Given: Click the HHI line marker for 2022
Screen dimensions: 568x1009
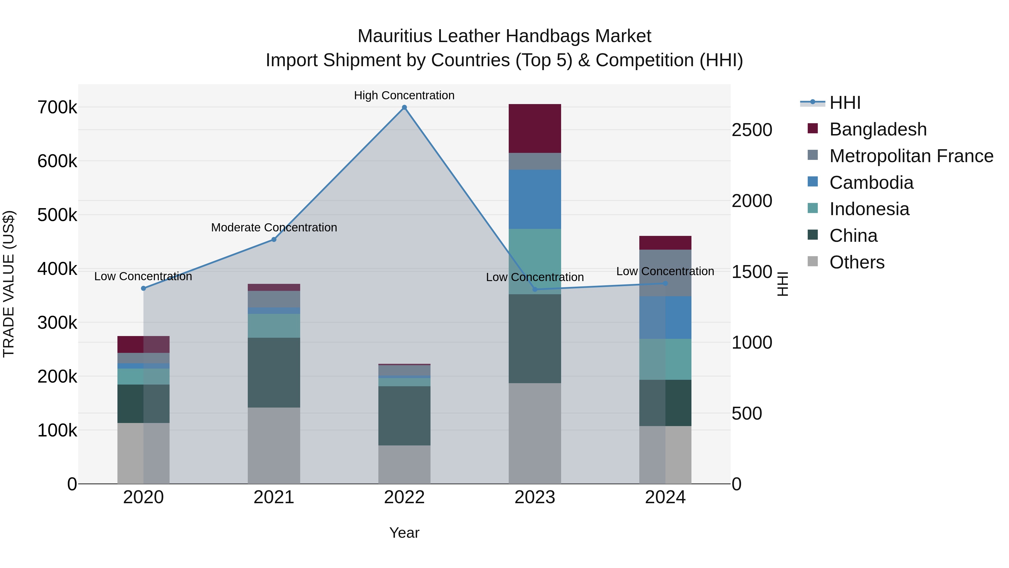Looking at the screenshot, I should [404, 107].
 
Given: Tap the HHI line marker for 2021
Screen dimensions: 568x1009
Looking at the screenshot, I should [274, 240].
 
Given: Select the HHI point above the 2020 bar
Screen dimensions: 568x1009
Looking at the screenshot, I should [143, 289].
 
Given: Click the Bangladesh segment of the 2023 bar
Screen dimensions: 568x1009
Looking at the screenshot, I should [535, 128].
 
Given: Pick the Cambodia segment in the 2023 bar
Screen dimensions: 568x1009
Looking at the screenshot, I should [535, 199].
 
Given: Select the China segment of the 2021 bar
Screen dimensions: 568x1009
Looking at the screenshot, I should [274, 372].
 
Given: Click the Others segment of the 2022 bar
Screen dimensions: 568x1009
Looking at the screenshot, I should [404, 464].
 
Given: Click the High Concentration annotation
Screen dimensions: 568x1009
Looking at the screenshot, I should [404, 95].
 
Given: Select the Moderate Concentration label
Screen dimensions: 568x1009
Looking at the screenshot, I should [274, 227].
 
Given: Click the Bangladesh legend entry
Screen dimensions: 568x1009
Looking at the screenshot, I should [877, 129].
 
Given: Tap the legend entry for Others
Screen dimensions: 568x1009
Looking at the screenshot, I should [857, 262].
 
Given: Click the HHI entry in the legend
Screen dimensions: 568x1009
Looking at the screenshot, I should [844, 103].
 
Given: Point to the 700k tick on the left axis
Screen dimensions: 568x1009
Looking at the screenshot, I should [57, 107].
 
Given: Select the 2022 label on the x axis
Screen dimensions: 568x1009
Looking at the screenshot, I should [404, 497].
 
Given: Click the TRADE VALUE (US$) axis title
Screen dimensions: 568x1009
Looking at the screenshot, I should [9, 284].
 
